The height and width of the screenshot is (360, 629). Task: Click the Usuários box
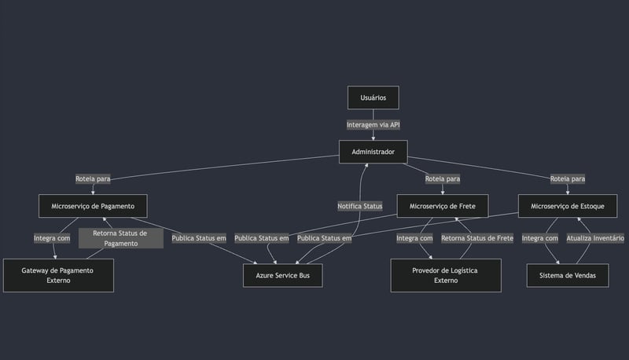(373, 97)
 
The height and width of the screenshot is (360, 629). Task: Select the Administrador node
(373, 152)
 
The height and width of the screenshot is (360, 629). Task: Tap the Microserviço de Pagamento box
(93, 207)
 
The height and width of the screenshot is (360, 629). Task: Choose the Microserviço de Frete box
(442, 207)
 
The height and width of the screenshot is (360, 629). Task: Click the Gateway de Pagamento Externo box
(58, 275)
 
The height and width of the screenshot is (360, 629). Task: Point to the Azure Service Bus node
(283, 275)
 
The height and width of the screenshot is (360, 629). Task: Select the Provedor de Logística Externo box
(445, 275)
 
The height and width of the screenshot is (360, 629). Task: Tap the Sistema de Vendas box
(567, 275)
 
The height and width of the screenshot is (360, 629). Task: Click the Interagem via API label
(373, 125)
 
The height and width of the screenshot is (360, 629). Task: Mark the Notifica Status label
(360, 206)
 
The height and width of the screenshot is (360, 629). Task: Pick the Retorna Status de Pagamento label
(120, 238)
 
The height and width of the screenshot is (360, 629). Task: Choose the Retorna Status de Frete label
(477, 238)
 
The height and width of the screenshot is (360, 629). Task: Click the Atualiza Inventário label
(595, 238)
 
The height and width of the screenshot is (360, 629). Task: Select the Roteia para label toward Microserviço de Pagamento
(93, 179)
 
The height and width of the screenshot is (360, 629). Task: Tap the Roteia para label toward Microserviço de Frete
(443, 179)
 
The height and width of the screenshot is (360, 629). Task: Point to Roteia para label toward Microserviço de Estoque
(568, 179)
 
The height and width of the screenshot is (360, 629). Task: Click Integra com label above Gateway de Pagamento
(52, 238)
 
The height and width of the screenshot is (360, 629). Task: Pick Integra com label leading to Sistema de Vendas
(540, 238)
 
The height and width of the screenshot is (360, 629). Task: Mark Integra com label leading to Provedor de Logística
(414, 238)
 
